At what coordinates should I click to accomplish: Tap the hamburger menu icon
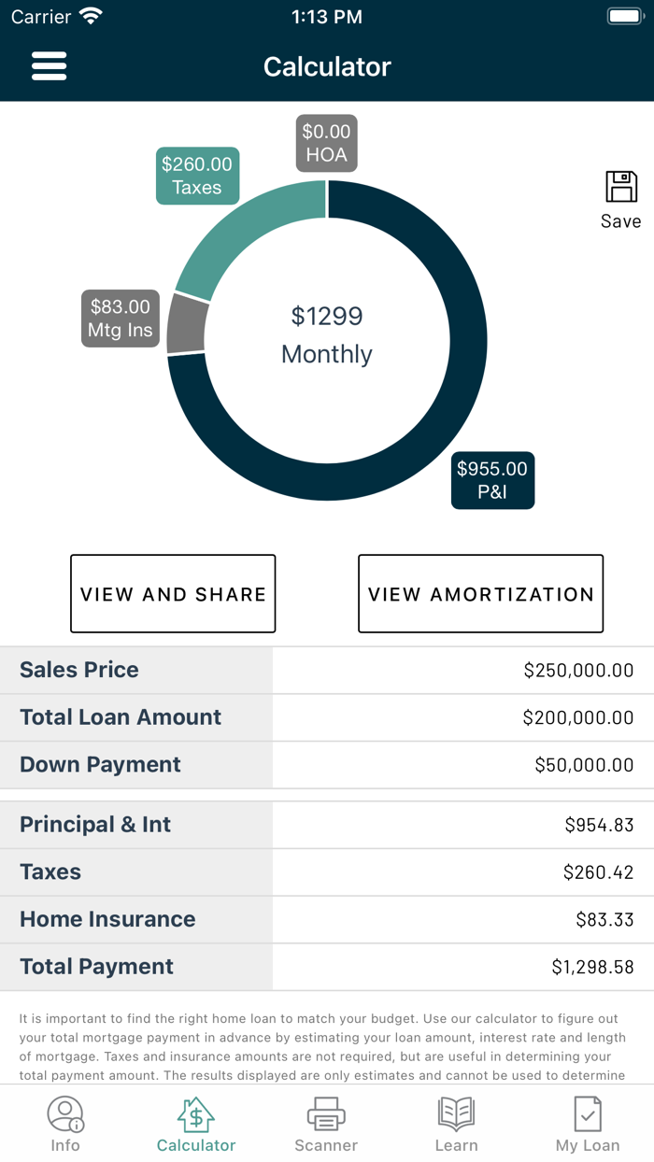pyautogui.click(x=49, y=66)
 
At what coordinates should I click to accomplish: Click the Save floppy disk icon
pyautogui.click(x=620, y=187)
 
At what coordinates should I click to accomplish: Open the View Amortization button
pyautogui.click(x=480, y=594)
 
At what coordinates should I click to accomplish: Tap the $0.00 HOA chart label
pyautogui.click(x=326, y=143)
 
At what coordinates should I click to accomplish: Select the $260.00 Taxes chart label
pyautogui.click(x=196, y=176)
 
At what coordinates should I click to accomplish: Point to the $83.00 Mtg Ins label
pyautogui.click(x=120, y=319)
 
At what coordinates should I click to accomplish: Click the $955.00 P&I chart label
pyautogui.click(x=492, y=480)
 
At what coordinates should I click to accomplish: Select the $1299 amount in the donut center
pyautogui.click(x=326, y=316)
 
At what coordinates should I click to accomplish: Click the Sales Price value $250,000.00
pyautogui.click(x=578, y=670)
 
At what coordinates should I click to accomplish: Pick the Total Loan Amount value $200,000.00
pyautogui.click(x=577, y=717)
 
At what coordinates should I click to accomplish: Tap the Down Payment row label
pyautogui.click(x=100, y=764)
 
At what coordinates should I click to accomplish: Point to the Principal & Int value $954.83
pyautogui.click(x=599, y=825)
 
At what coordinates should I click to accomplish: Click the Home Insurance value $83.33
pyautogui.click(x=604, y=919)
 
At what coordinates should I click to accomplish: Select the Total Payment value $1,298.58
pyautogui.click(x=592, y=967)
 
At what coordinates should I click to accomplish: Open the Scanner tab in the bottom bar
pyautogui.click(x=326, y=1124)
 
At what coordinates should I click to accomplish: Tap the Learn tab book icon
pyautogui.click(x=456, y=1114)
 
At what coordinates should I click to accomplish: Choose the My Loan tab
pyautogui.click(x=588, y=1124)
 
